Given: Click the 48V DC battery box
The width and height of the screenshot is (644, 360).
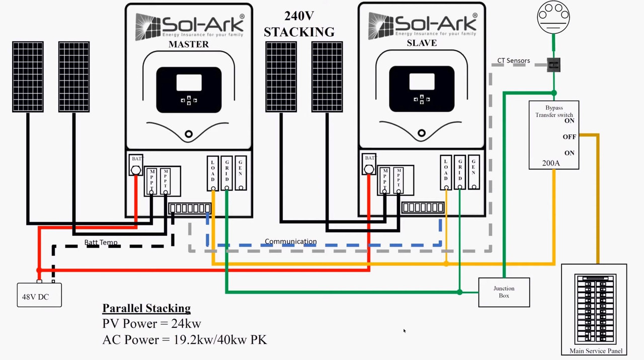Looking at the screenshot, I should tap(39, 295).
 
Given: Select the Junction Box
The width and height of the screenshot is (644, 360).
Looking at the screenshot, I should tap(504, 292).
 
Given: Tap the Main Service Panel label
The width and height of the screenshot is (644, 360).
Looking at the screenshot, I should tap(595, 351).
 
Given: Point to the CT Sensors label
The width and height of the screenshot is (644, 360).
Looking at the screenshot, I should tap(513, 61).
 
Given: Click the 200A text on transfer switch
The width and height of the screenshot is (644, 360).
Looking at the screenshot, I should tap(551, 163).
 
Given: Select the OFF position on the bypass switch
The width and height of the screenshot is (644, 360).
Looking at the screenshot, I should tap(569, 137).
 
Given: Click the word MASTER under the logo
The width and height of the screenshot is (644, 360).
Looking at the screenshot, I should tap(189, 44).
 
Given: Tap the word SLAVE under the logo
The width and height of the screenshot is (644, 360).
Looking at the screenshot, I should tap(422, 43).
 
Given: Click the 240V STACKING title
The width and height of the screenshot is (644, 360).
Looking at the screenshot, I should tap(299, 24).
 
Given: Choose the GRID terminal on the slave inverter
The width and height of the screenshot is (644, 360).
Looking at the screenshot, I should tap(459, 172).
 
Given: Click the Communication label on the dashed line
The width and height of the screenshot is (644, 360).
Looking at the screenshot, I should tap(291, 241).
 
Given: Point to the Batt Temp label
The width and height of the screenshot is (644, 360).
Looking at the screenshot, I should tap(101, 242).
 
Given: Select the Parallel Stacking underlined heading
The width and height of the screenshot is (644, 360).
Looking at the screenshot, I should tap(146, 308).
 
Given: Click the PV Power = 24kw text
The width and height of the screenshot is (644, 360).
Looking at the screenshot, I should tap(151, 324).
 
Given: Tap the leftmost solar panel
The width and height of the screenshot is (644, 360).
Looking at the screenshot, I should tap(28, 76).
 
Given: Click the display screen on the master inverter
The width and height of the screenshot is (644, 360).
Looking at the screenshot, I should tap(189, 82).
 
